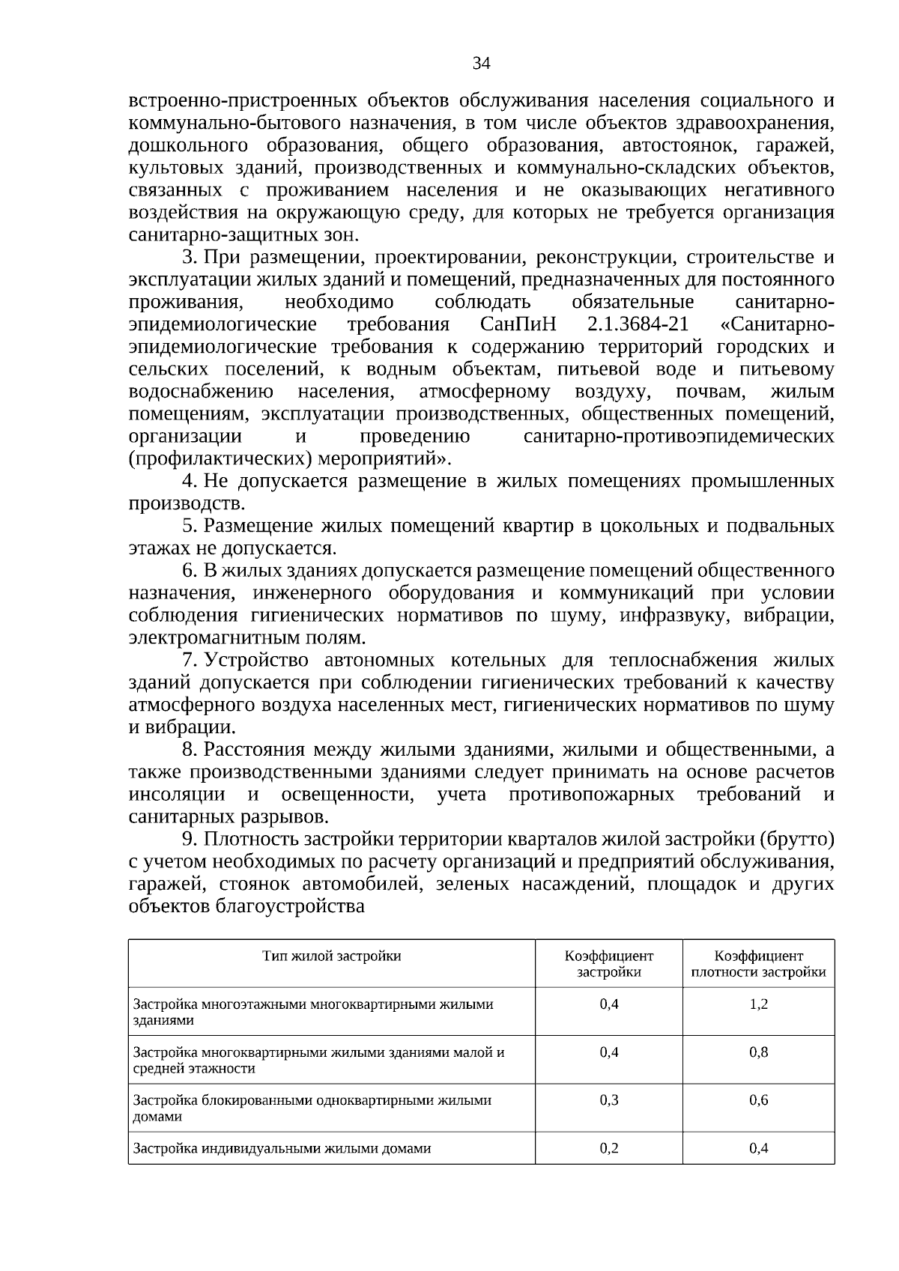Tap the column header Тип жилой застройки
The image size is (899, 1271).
pyautogui.click(x=331, y=956)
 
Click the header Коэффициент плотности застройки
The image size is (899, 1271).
pyautogui.click(x=758, y=964)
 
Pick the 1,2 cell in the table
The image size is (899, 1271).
pyautogui.click(x=758, y=1004)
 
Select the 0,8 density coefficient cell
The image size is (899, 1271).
pyautogui.click(x=758, y=1052)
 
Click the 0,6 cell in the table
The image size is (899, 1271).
pyautogui.click(x=758, y=1099)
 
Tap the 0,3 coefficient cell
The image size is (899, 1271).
pyautogui.click(x=609, y=1099)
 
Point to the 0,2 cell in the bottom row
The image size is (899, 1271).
pyautogui.click(x=609, y=1147)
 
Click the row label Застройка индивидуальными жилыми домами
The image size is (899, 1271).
pyautogui.click(x=282, y=1148)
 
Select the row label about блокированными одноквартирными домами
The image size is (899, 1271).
pyautogui.click(x=312, y=1108)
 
